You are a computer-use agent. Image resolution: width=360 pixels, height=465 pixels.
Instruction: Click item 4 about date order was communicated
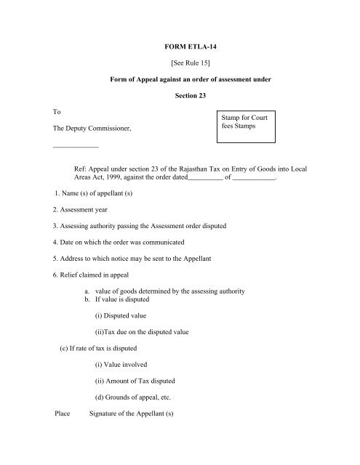[x=119, y=241]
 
